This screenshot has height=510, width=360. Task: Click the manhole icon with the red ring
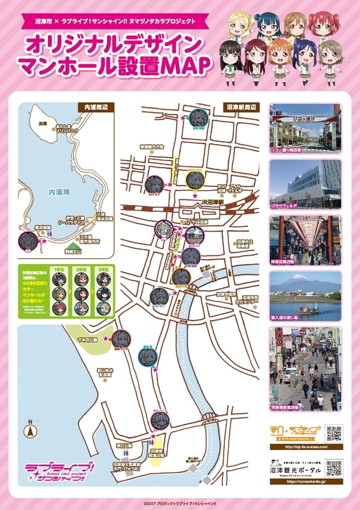(120, 339)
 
